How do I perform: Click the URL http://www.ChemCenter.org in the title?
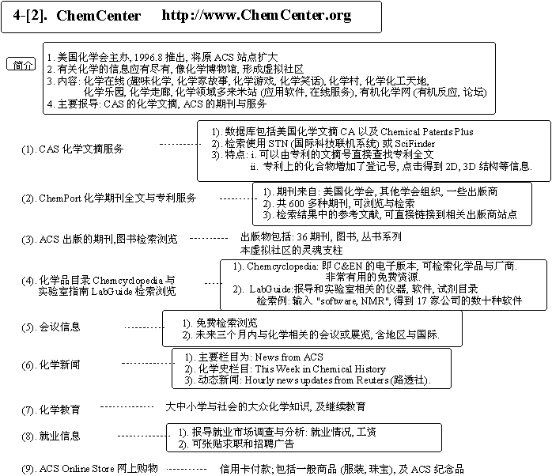point(256,15)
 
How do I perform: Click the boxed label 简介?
point(24,64)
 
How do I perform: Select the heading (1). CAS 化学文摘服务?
point(73,149)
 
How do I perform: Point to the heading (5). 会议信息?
point(51,327)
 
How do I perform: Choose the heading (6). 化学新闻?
point(51,365)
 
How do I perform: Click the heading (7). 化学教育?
point(51,410)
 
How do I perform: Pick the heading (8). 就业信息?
point(51,436)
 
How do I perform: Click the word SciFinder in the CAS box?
point(426,143)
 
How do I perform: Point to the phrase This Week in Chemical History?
point(320,369)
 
